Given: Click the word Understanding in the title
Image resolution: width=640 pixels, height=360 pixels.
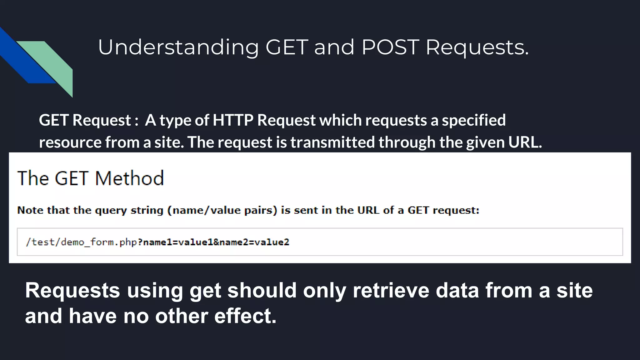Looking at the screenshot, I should (178, 47).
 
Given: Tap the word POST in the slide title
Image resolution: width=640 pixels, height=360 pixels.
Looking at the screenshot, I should (390, 47).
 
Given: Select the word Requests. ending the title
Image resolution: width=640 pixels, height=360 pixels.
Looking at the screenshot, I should (477, 47).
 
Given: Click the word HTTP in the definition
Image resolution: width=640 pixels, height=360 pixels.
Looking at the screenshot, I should (233, 120).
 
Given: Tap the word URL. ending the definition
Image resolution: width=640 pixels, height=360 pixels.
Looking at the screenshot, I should (525, 142).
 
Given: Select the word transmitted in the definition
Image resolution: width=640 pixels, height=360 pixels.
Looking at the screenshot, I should (332, 142).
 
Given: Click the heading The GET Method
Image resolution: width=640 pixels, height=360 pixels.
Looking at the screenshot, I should (91, 178).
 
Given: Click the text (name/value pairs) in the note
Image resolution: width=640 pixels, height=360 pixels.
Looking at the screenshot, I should (222, 210).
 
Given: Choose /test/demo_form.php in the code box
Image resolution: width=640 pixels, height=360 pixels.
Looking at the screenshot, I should (81, 242).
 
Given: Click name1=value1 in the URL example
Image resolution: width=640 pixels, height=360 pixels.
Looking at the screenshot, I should (178, 242).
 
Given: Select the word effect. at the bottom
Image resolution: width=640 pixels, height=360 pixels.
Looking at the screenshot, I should (245, 316).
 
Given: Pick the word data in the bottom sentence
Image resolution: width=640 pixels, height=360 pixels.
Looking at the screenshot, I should (457, 290).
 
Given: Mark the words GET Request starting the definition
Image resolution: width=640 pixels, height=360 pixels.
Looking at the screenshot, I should (85, 120).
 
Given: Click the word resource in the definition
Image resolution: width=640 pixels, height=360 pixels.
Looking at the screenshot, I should (70, 142).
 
